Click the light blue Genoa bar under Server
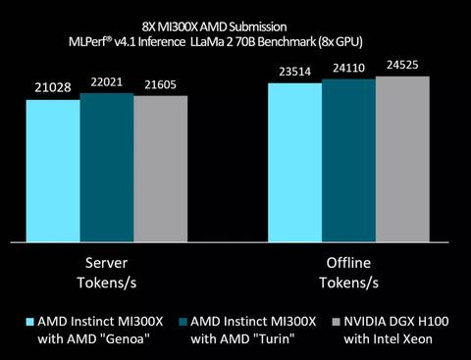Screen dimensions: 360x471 coord(53,169)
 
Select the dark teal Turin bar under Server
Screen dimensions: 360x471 coord(106,166)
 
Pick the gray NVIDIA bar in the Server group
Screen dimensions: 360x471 coord(160,167)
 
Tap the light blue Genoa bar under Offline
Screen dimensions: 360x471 coord(295,161)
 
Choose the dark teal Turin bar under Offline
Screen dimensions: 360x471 coord(348,159)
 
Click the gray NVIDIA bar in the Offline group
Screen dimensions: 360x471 coord(402,158)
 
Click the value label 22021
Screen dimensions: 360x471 coord(106,82)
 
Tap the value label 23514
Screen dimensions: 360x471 coord(295,72)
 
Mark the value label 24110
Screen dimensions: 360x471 coord(348,68)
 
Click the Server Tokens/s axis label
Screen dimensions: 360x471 coord(106,274)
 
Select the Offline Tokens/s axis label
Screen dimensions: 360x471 coord(348,274)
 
